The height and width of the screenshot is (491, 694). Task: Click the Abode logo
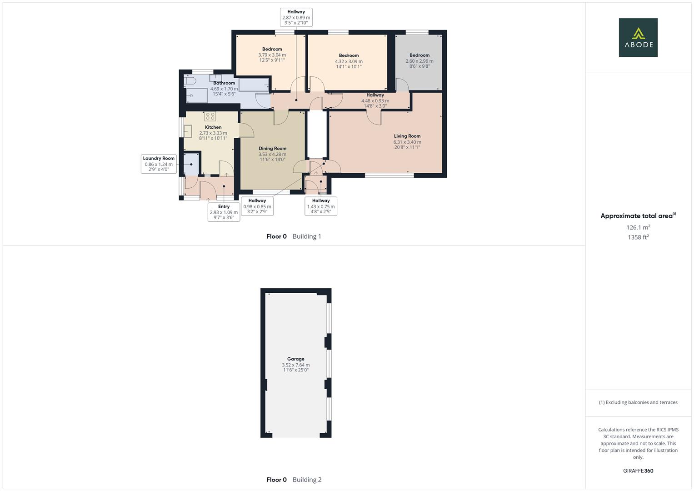click(638, 37)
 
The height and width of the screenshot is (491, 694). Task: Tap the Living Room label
click(407, 136)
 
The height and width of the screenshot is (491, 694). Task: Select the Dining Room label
click(272, 149)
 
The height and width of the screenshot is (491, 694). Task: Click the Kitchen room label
click(213, 127)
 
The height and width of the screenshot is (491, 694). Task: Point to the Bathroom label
click(224, 83)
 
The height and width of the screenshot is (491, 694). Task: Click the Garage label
click(295, 359)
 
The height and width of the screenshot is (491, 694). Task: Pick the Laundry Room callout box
click(159, 164)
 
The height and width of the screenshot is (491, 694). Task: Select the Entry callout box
click(224, 212)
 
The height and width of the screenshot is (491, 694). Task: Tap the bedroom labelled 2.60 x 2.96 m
click(419, 55)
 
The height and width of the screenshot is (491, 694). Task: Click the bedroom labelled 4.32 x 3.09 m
click(349, 56)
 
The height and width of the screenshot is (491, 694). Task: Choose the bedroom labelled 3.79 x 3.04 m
click(272, 50)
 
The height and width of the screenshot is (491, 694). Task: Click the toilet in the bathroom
click(190, 81)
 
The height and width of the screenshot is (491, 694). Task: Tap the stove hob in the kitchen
click(210, 116)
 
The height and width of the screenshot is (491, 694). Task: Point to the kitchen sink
click(188, 131)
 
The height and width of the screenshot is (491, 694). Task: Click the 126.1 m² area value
click(638, 227)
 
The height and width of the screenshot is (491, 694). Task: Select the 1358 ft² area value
click(638, 237)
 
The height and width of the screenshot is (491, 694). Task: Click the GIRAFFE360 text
click(638, 471)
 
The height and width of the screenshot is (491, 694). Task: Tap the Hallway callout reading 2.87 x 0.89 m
click(296, 17)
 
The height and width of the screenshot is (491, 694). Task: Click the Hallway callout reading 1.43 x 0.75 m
click(320, 206)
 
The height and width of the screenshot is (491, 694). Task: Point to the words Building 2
click(307, 480)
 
